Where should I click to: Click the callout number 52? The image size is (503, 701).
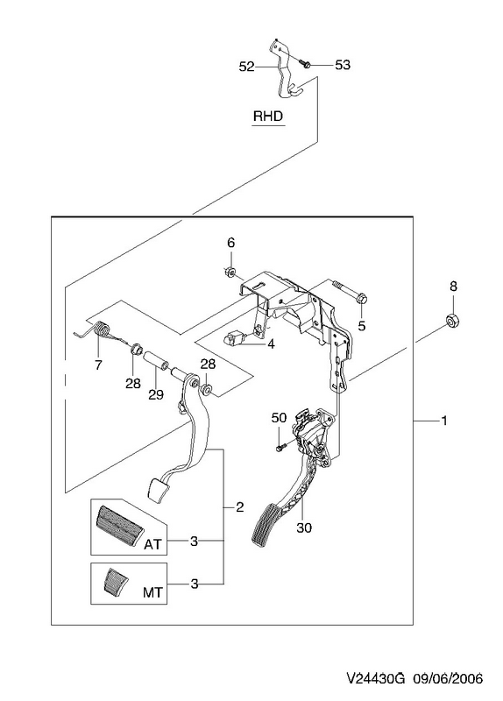(x=246, y=67)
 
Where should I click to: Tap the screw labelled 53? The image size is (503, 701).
(x=305, y=64)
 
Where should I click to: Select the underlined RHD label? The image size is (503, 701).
(x=268, y=117)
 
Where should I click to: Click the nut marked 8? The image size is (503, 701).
(x=453, y=321)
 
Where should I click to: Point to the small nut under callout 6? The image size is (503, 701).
(x=230, y=272)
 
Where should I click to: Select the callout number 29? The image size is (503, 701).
(x=156, y=394)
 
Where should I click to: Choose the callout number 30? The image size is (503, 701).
(x=303, y=528)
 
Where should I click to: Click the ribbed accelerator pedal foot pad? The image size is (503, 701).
(x=267, y=524)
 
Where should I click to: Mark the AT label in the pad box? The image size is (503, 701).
(x=152, y=544)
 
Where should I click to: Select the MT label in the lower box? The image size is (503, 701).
(x=152, y=592)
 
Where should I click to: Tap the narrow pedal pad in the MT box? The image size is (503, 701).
(x=115, y=581)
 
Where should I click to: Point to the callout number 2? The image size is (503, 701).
(x=239, y=507)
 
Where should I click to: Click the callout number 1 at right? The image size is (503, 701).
(x=444, y=421)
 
